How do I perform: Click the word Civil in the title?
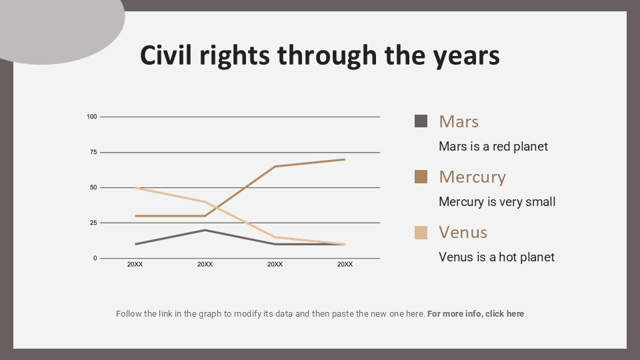[x=167, y=55]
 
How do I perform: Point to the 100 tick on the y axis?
[x=92, y=117]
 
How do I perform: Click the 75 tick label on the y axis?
[x=93, y=153]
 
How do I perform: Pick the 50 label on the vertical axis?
[x=93, y=188]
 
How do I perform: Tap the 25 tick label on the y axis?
[x=93, y=223]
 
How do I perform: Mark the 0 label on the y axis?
[x=95, y=258]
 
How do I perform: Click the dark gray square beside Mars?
[x=421, y=121]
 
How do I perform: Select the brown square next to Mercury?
[x=421, y=177]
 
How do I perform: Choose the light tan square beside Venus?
[x=421, y=232]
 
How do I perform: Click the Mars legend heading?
[x=459, y=121]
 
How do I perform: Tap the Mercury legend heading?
[x=472, y=177]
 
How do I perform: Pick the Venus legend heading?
[x=463, y=232]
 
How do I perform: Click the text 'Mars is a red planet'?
[x=493, y=146]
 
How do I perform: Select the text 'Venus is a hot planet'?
[x=496, y=257]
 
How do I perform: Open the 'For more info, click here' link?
[x=475, y=313]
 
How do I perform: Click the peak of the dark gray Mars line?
[x=205, y=230]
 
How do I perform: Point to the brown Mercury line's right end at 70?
[x=345, y=159]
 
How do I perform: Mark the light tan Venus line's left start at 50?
[x=135, y=188]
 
